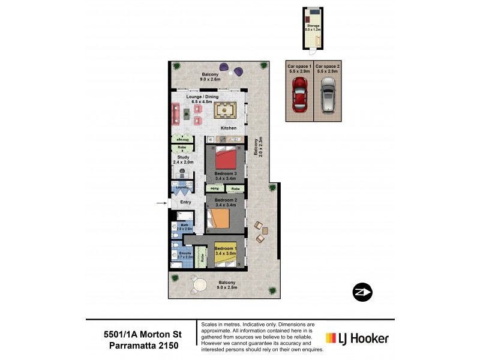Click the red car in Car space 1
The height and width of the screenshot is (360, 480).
[x=299, y=95]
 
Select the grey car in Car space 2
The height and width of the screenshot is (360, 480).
[x=328, y=95]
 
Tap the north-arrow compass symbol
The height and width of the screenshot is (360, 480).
[x=362, y=292]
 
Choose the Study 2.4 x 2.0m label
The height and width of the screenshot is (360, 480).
[x=183, y=160]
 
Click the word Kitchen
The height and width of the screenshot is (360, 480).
[x=229, y=128]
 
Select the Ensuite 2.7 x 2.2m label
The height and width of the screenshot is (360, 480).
[x=184, y=255]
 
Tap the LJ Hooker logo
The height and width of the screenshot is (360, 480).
[x=356, y=338]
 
